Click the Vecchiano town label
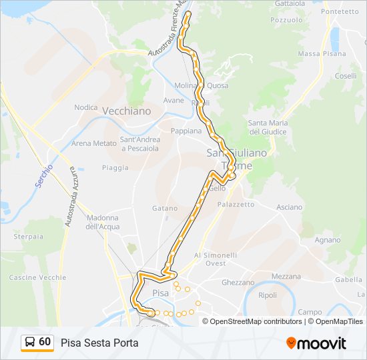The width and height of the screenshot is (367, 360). (x=127, y=111)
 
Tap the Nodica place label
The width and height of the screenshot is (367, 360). (x=86, y=107)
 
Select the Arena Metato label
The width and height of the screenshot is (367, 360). (x=94, y=143)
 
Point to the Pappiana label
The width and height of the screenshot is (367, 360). (x=186, y=131)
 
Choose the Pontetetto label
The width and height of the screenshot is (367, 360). (x=340, y=11)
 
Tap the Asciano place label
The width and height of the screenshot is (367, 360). (x=289, y=207)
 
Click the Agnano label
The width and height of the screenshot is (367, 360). (x=328, y=239)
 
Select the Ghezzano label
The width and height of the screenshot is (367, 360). (x=238, y=283)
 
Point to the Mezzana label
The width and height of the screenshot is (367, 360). (x=286, y=276)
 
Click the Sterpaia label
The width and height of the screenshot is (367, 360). (x=29, y=237)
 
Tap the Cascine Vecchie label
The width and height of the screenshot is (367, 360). (x=38, y=277)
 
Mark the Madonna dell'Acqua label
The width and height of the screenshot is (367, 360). (x=102, y=222)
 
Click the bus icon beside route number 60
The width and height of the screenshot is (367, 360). (x=30, y=343)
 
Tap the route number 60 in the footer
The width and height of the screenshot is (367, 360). (x=45, y=342)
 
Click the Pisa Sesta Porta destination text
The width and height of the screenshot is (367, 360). (x=99, y=343)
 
